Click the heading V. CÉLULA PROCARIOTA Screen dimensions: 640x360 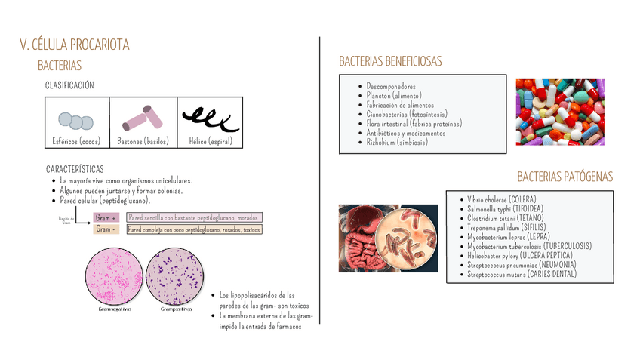point(74,45)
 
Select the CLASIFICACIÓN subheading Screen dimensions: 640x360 point(69,85)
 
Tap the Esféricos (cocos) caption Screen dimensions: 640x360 point(75,141)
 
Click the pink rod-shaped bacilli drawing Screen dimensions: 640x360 point(143,117)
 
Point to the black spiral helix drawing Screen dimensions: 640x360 point(211,117)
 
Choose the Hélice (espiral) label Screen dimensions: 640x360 point(211,141)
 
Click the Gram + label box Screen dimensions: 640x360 point(106,218)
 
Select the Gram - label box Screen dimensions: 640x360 point(106,229)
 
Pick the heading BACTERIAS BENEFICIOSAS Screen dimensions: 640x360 point(390,61)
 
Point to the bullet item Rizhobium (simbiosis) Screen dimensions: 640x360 point(397,141)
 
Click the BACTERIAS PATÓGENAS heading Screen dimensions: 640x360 point(565,177)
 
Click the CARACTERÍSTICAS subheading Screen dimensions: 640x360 point(75,169)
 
